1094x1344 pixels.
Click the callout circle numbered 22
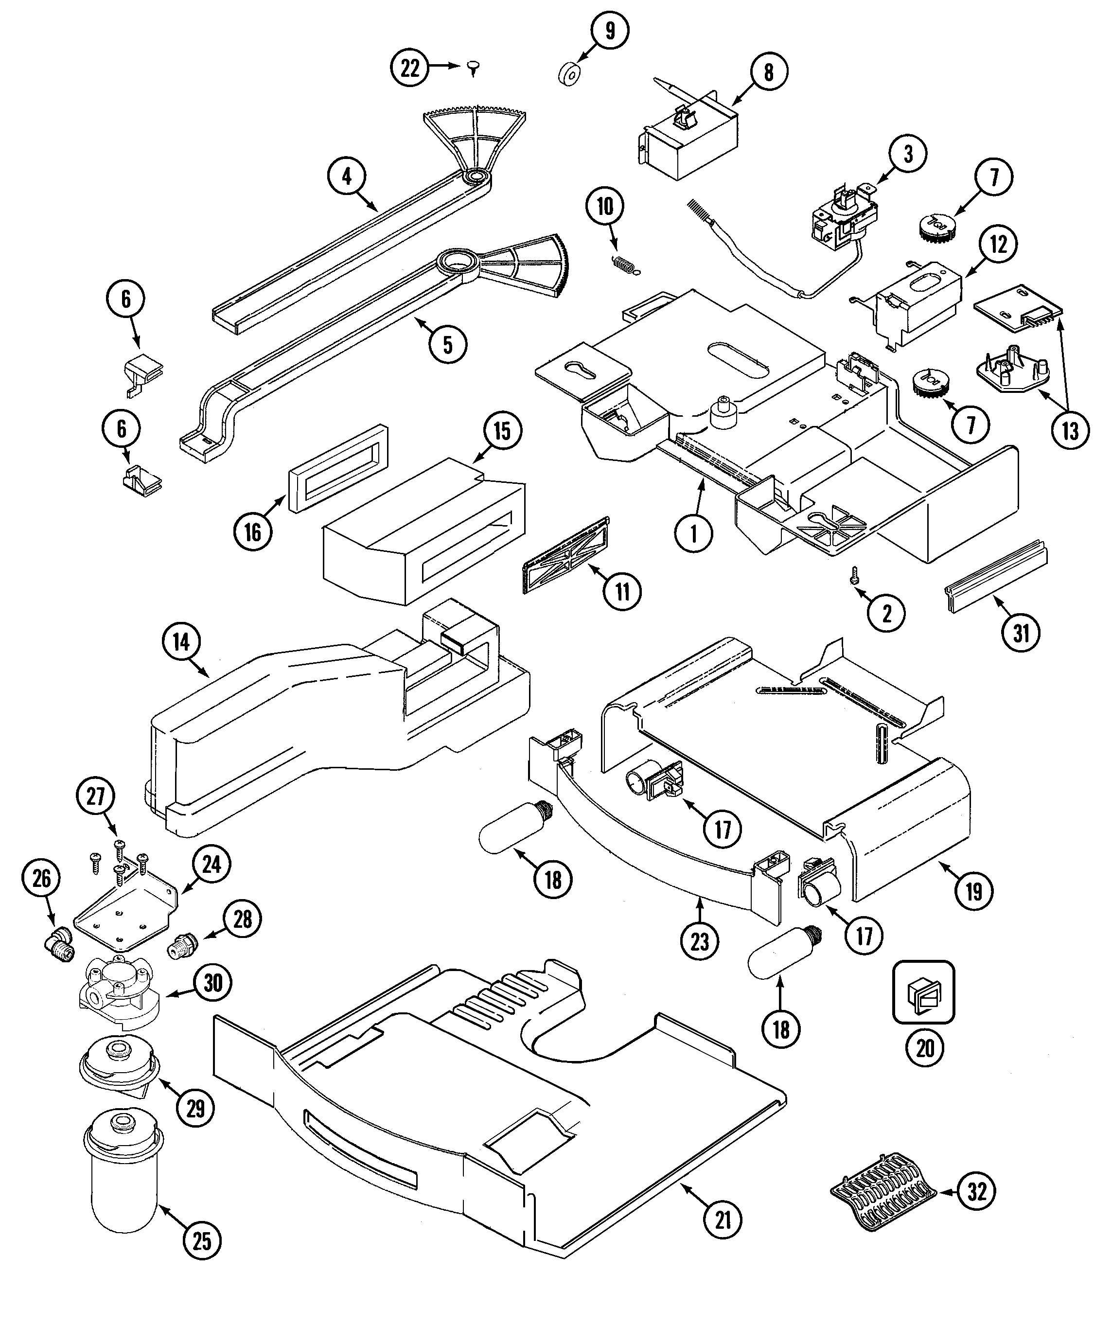[x=409, y=68]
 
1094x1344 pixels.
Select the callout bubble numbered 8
[x=769, y=72]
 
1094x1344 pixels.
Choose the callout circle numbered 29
[x=196, y=1107]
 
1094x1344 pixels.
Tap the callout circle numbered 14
[x=181, y=642]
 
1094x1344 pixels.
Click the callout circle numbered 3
[x=908, y=154]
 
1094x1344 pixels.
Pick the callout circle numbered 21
[x=723, y=1220]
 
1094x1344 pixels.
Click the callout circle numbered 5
[x=447, y=345]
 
